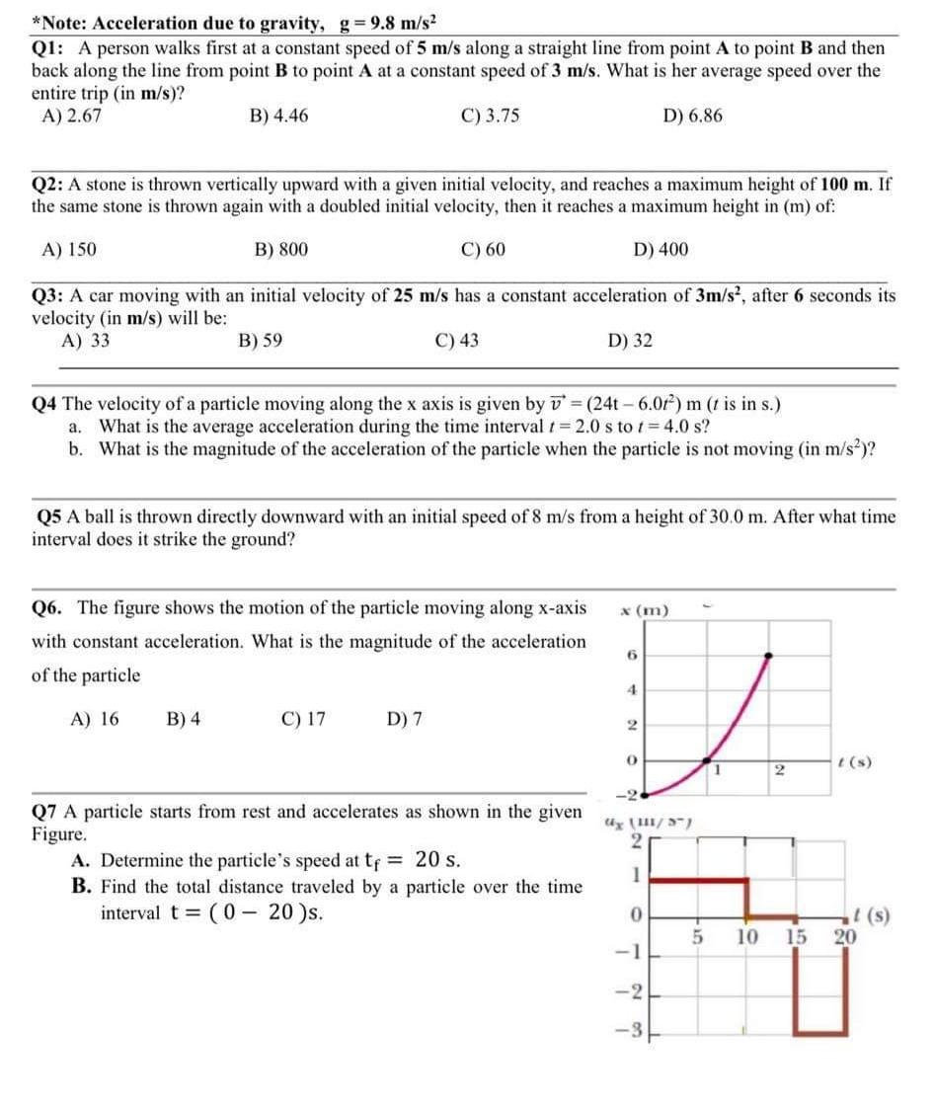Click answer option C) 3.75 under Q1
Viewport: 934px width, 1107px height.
490,116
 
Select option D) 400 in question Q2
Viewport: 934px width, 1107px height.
661,250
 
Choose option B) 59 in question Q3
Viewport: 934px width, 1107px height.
260,341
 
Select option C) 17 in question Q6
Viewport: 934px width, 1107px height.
303,719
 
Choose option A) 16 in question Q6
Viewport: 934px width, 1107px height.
95,719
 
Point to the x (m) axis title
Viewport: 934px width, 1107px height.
644,610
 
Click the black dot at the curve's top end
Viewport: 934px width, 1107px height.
770,654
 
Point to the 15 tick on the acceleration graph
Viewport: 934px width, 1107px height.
797,936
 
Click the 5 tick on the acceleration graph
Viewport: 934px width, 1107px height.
695,936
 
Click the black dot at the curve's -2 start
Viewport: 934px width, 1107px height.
644,794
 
